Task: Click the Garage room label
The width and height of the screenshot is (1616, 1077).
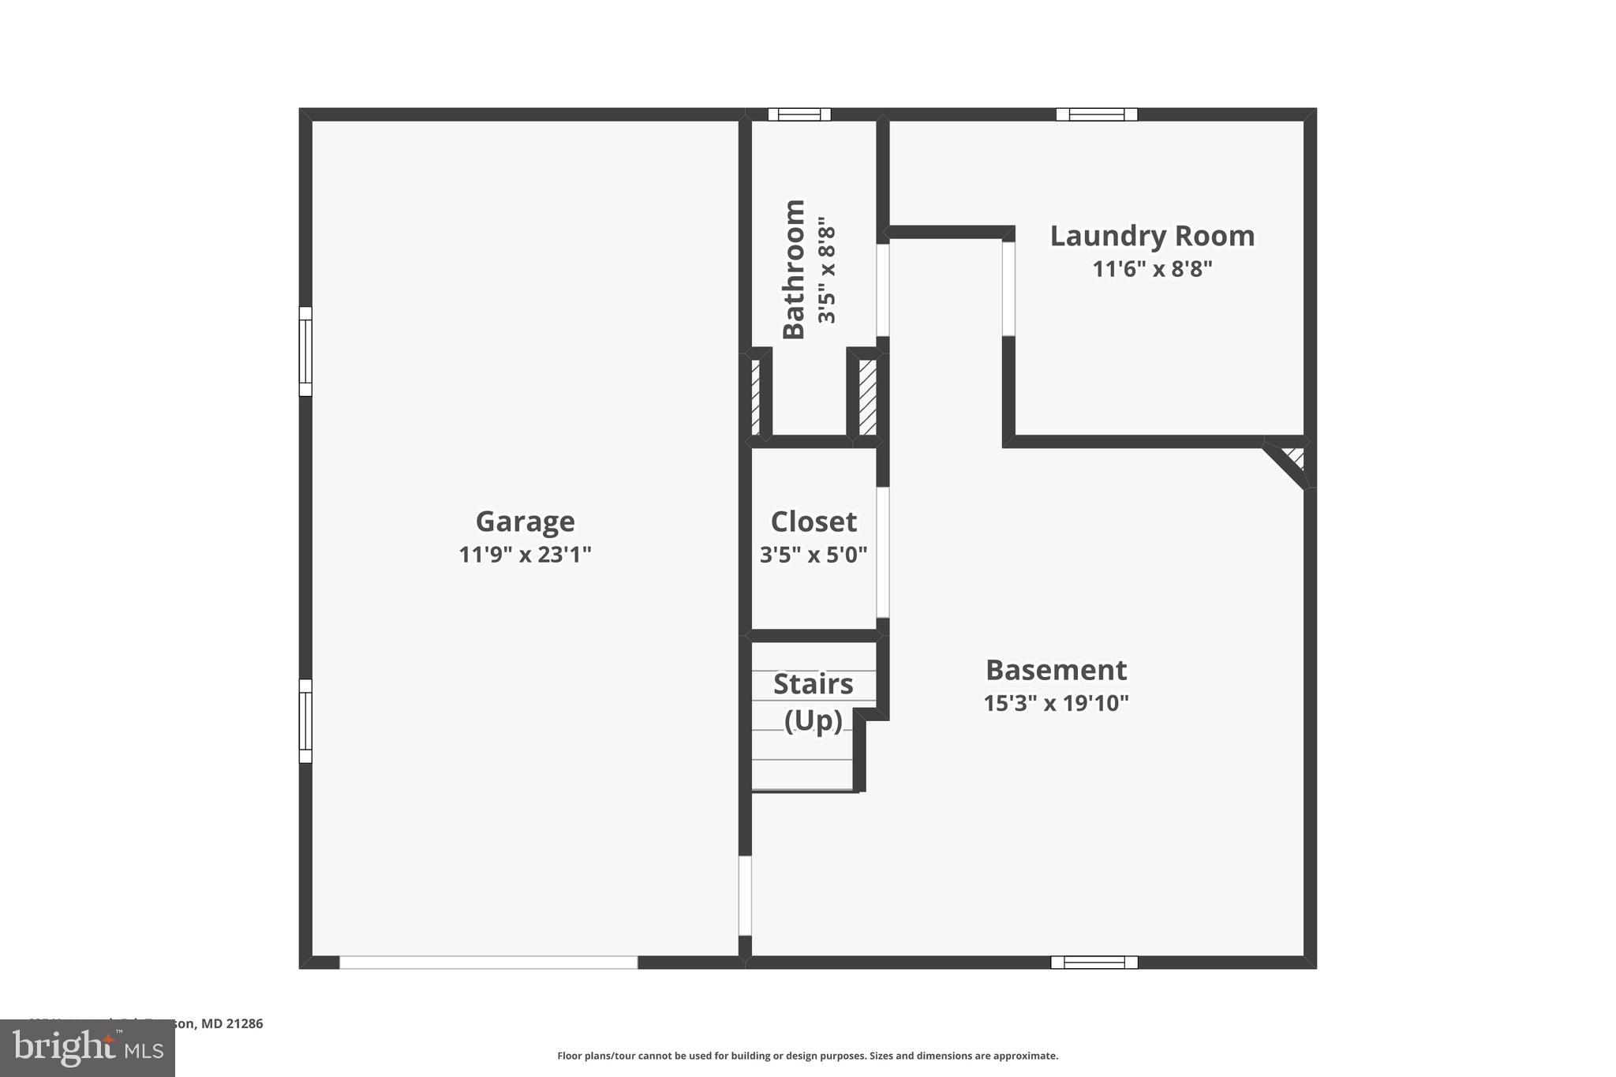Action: pyautogui.click(x=525, y=522)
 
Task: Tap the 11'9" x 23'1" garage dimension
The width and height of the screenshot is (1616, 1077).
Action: pyautogui.click(x=525, y=555)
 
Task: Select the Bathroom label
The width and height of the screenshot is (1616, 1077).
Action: pyautogui.click(x=794, y=269)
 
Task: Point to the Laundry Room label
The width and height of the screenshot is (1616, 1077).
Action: pyautogui.click(x=1152, y=236)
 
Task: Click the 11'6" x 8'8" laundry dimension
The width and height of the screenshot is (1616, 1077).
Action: pyautogui.click(x=1152, y=269)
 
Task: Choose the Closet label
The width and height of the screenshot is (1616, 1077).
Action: pyautogui.click(x=814, y=522)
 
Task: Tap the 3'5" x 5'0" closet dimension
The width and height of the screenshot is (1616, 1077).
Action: pyautogui.click(x=814, y=555)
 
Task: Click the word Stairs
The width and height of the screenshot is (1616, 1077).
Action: pyautogui.click(x=813, y=684)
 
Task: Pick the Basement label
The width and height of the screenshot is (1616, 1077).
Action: pyautogui.click(x=1056, y=670)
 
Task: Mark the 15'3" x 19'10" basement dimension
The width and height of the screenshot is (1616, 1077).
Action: pyautogui.click(x=1056, y=703)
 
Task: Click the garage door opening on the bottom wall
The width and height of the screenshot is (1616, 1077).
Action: pyautogui.click(x=488, y=963)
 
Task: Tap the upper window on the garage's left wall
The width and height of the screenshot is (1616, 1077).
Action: pyautogui.click(x=305, y=351)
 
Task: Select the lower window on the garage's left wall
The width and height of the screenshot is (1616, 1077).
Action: pyautogui.click(x=305, y=721)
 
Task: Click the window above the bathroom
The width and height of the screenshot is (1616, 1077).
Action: pyautogui.click(x=799, y=114)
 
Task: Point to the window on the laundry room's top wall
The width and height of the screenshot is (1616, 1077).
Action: pyautogui.click(x=1097, y=114)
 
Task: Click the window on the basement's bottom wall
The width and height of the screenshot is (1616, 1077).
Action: pyautogui.click(x=1094, y=963)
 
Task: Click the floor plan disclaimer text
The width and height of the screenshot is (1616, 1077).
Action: pyautogui.click(x=807, y=1056)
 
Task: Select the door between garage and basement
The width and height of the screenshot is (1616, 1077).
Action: pyautogui.click(x=745, y=896)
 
